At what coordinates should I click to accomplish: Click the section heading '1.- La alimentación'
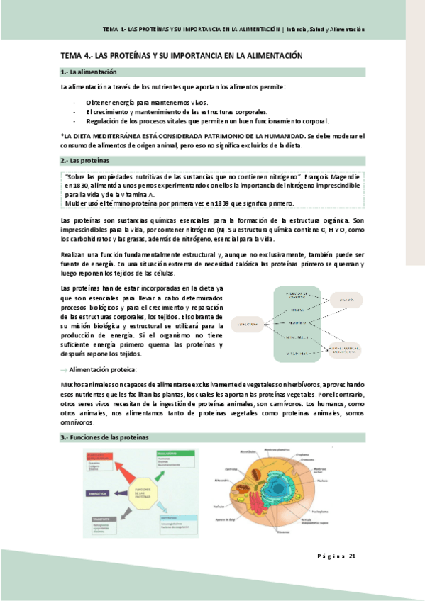coord(89,72)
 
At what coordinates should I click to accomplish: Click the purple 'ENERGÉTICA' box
coord(99,493)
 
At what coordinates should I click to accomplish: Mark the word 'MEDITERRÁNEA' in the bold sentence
coord(117,135)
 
